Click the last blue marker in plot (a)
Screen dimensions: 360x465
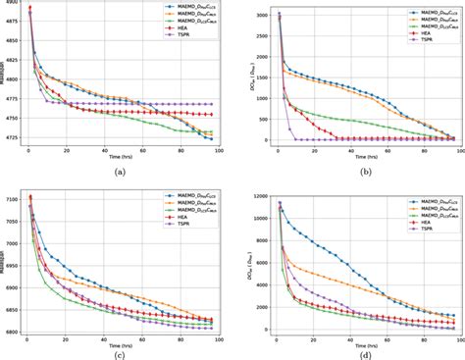click(210, 138)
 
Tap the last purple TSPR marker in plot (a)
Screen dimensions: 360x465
click(210, 104)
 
